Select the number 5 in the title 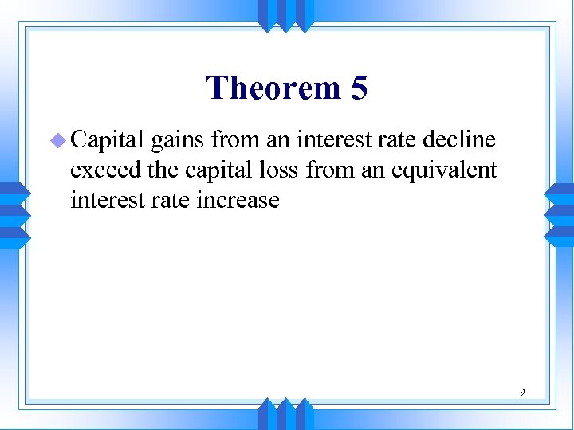pos(359,88)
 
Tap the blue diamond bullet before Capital pos(57,141)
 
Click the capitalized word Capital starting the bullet pos(107,141)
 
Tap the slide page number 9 pos(522,392)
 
